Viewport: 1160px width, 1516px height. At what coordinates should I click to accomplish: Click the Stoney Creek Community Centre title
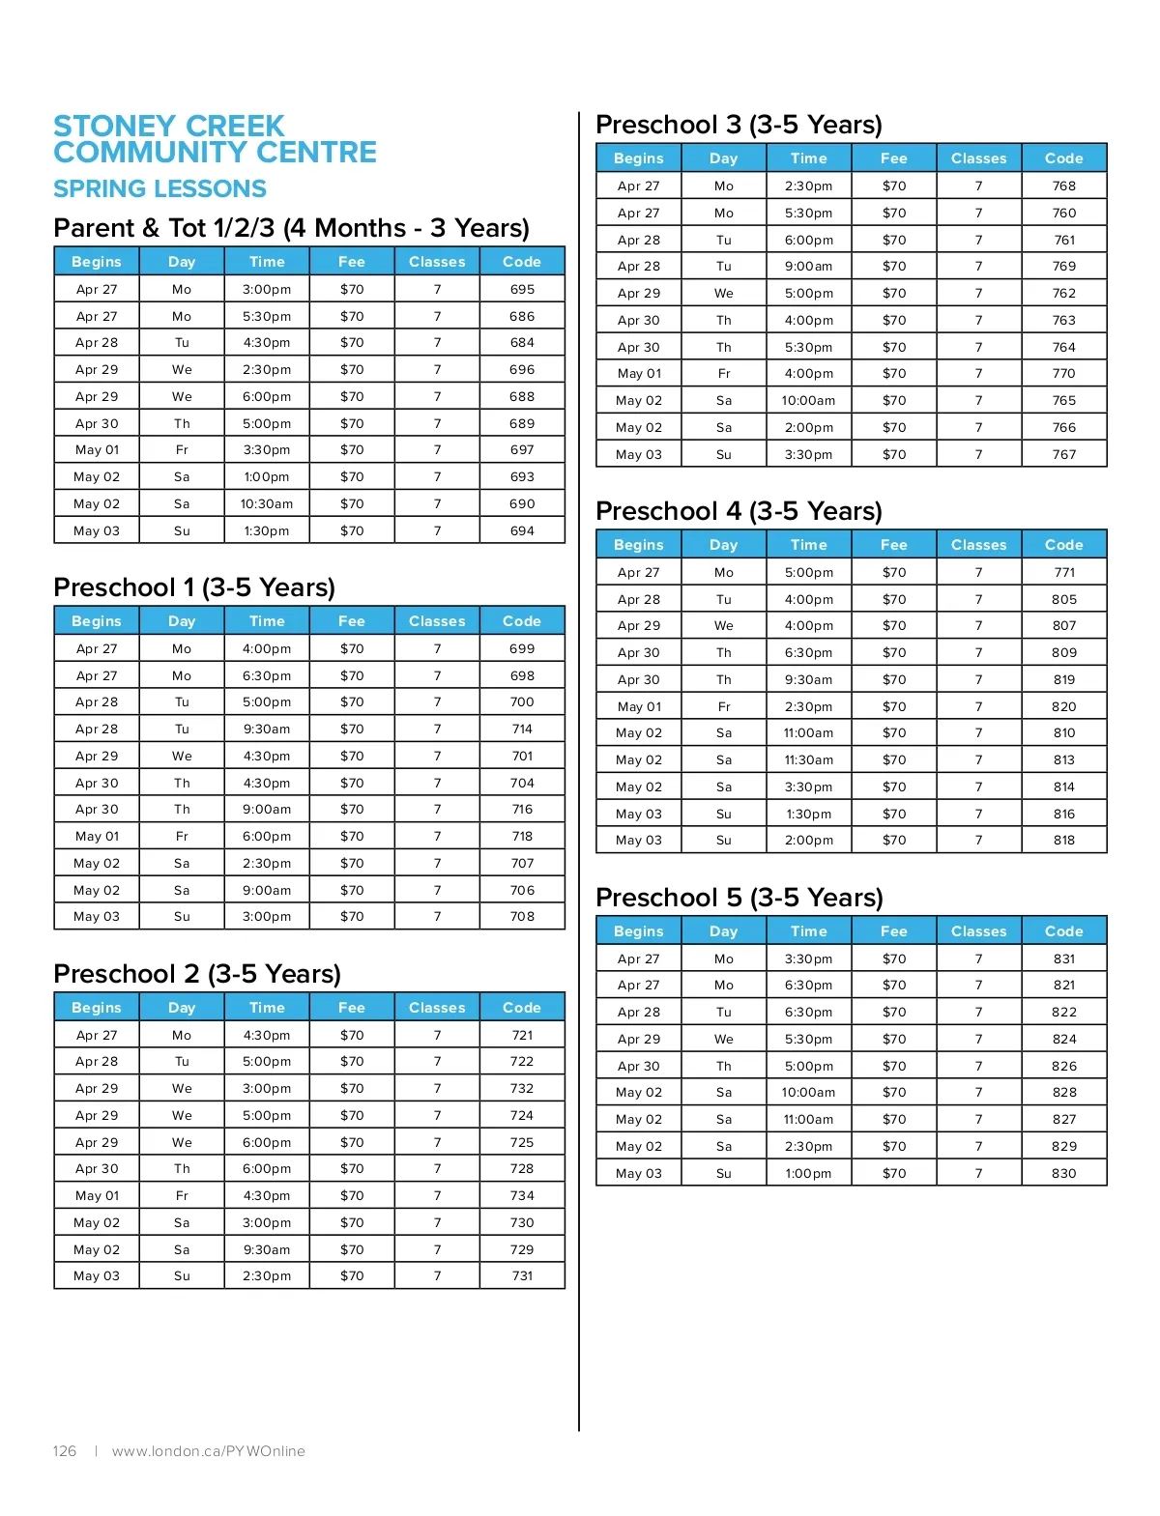[215, 139]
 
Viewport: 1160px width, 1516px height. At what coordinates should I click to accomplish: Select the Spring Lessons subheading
[159, 189]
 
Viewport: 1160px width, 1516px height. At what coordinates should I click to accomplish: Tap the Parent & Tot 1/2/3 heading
[291, 228]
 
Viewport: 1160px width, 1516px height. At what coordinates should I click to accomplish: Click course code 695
[522, 289]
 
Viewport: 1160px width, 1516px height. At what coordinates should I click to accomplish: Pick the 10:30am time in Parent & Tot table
[267, 503]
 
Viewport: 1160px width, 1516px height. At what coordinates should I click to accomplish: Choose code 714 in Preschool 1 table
[522, 729]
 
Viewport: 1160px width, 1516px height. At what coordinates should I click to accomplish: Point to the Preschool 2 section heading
[197, 974]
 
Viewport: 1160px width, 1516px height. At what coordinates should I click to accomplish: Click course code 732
[522, 1088]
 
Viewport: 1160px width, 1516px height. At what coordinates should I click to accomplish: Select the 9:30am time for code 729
[267, 1249]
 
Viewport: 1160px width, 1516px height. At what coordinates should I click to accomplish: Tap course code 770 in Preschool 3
[1063, 373]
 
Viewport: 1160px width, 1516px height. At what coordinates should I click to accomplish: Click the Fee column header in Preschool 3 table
[893, 158]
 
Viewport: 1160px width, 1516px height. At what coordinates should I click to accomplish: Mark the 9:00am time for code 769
[808, 266]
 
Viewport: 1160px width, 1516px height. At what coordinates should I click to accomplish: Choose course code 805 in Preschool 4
[1063, 599]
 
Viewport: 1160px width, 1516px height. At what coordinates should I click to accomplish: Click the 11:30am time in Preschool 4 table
[808, 759]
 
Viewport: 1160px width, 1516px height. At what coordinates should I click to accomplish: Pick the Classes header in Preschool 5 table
[978, 931]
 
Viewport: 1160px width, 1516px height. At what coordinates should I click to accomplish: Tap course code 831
[1063, 958]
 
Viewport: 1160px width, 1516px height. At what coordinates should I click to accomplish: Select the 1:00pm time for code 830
[808, 1173]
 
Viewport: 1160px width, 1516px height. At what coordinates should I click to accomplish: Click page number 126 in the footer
[65, 1451]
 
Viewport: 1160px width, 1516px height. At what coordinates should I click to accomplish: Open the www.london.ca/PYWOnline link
[208, 1451]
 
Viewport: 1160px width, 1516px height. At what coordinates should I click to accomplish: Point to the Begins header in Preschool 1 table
[97, 621]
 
